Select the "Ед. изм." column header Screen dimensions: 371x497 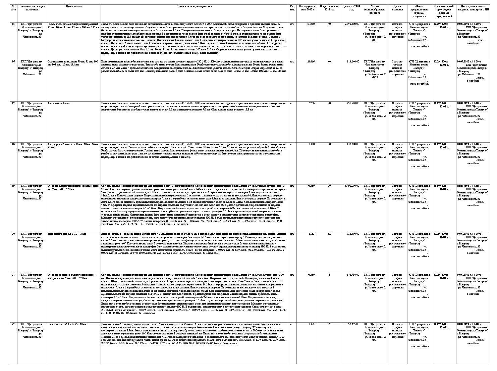click(x=292, y=8)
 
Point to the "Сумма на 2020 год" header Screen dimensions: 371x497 click(x=351, y=8)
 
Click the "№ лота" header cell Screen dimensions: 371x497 click(x=13, y=8)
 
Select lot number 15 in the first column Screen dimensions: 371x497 click(x=13, y=24)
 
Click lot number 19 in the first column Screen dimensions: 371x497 click(x=13, y=185)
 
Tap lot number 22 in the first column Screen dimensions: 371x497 click(x=13, y=324)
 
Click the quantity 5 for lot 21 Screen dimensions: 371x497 click(x=330, y=275)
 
